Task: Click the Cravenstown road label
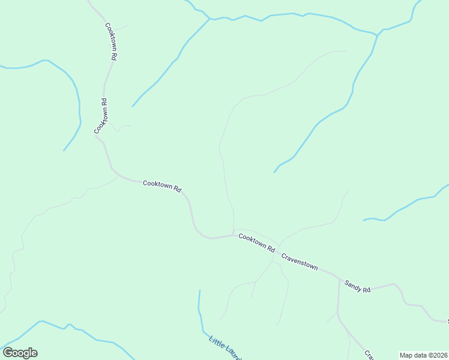click(x=300, y=262)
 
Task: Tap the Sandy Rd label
click(x=358, y=287)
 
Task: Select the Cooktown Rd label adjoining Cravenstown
click(x=256, y=243)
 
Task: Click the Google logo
click(x=20, y=353)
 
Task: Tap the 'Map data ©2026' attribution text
click(x=424, y=355)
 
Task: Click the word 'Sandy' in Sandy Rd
click(x=354, y=286)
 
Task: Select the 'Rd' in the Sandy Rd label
click(x=367, y=290)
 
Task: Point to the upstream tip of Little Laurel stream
click(x=199, y=291)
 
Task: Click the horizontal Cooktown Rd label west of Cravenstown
click(x=162, y=186)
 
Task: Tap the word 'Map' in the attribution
click(x=406, y=355)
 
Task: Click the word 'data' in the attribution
click(x=419, y=355)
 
